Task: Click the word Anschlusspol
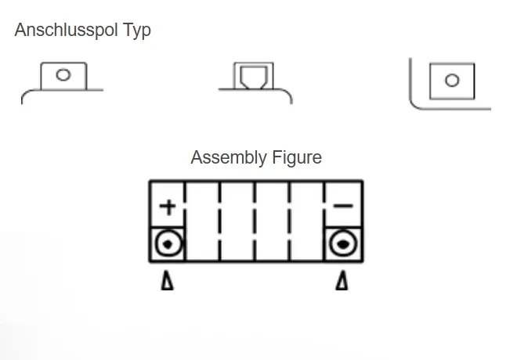66,31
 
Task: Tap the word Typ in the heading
137,31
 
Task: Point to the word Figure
296,158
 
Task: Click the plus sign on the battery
168,207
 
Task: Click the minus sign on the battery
343,207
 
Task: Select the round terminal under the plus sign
168,245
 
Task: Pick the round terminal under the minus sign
342,245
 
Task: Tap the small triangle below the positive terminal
167,281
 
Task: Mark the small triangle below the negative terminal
342,281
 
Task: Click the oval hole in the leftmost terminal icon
63,75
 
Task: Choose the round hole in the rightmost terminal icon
451,80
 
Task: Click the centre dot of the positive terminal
168,245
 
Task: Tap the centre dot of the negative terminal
342,245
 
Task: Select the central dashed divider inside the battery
255,221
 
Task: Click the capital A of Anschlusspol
20,31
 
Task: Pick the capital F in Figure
275,157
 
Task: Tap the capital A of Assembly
197,157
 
